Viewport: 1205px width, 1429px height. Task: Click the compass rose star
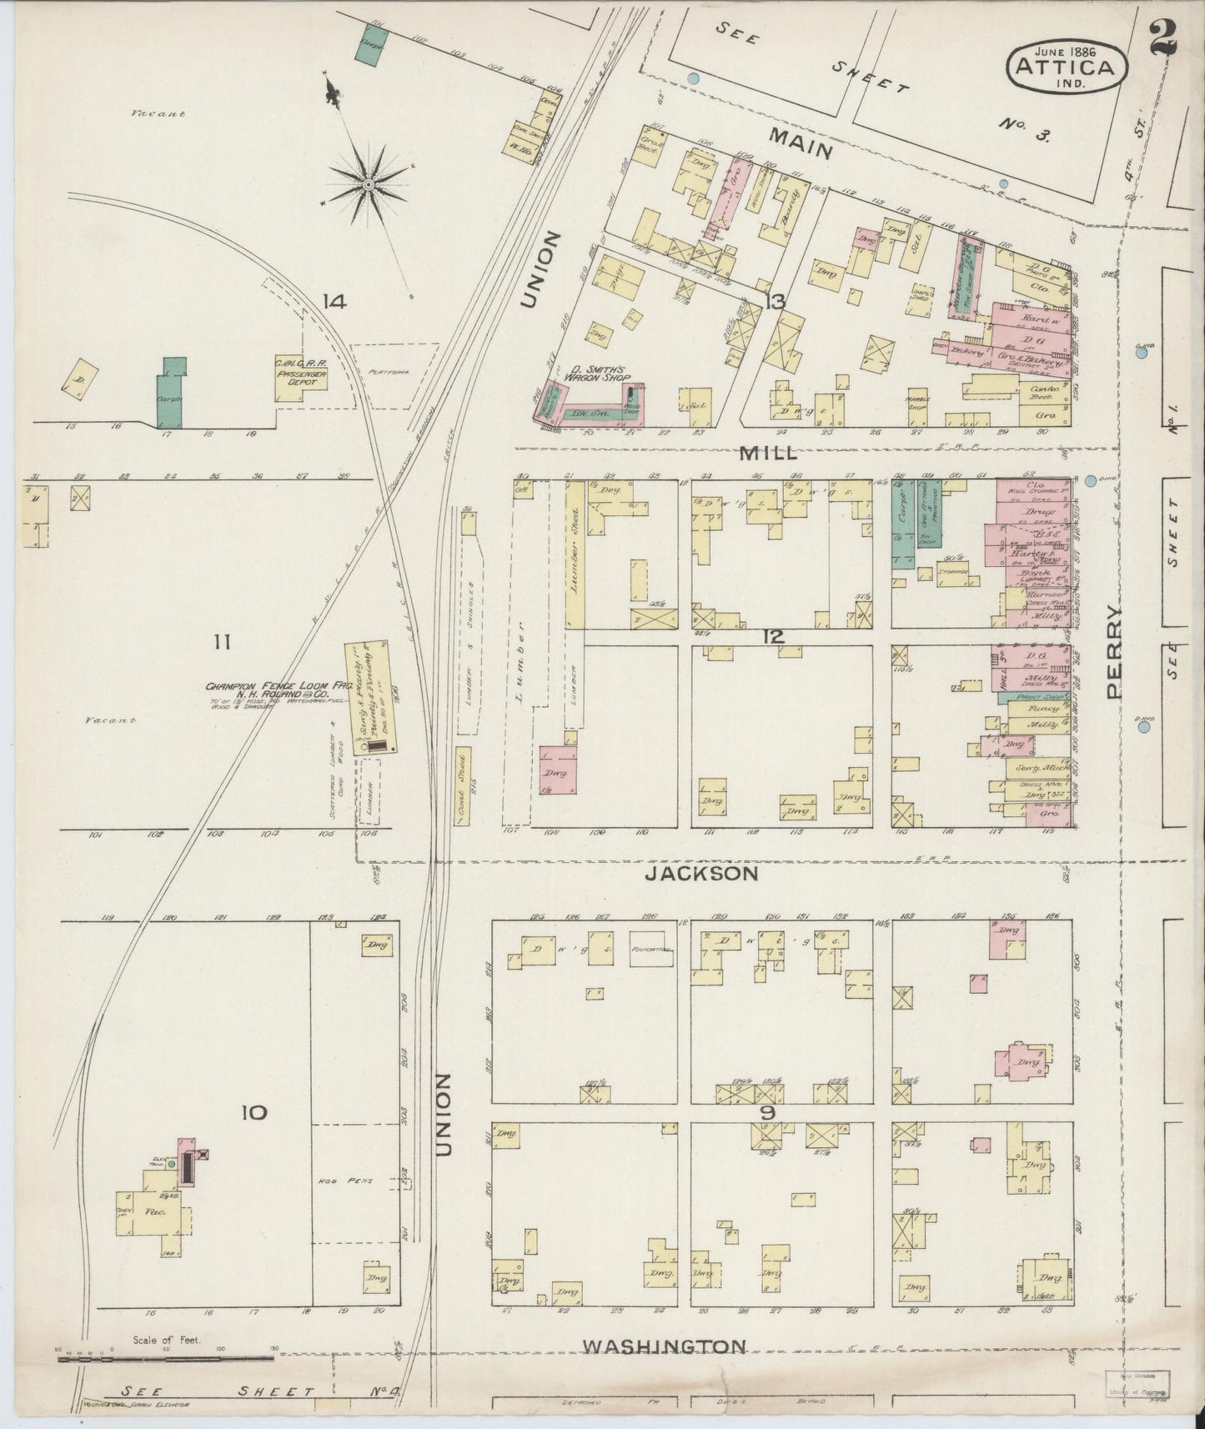367,184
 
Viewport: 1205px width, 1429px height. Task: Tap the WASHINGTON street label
664,1345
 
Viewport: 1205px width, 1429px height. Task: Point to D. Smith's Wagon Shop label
599,374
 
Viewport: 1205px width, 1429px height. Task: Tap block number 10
254,1111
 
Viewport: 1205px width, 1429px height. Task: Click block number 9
768,1114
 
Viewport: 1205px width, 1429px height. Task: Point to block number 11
221,642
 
